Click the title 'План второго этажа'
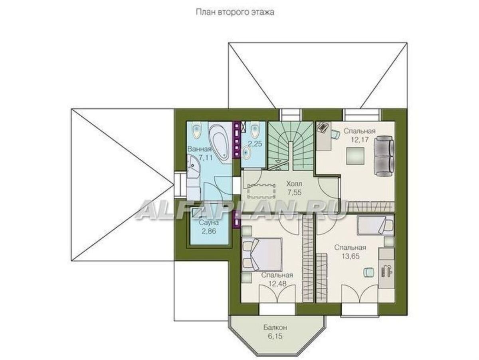[235, 12]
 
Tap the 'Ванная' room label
[200, 149]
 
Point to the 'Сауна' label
[209, 223]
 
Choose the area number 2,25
[255, 143]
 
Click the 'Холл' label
[294, 184]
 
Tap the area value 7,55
[294, 192]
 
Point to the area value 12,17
[359, 139]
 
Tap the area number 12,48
[277, 284]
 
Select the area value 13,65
[350, 256]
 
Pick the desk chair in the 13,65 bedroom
[368, 272]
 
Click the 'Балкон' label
[275, 328]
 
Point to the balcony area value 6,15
[275, 336]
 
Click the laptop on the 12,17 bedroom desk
[322, 127]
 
